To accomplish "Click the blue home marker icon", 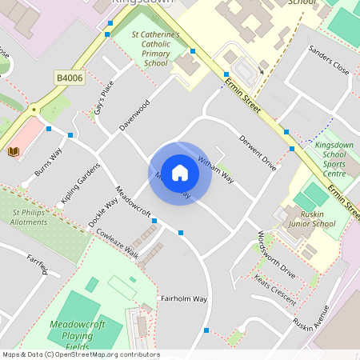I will pos(180,173).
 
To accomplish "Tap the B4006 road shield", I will pos(69,77).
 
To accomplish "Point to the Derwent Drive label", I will pos(258,154).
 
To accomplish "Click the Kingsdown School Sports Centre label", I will pos(330,159).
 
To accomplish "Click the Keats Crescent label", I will pos(275,286).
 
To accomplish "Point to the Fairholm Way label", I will pos(184,298).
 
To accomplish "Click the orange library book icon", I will pos(14,150).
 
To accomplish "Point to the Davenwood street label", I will pos(134,115).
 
